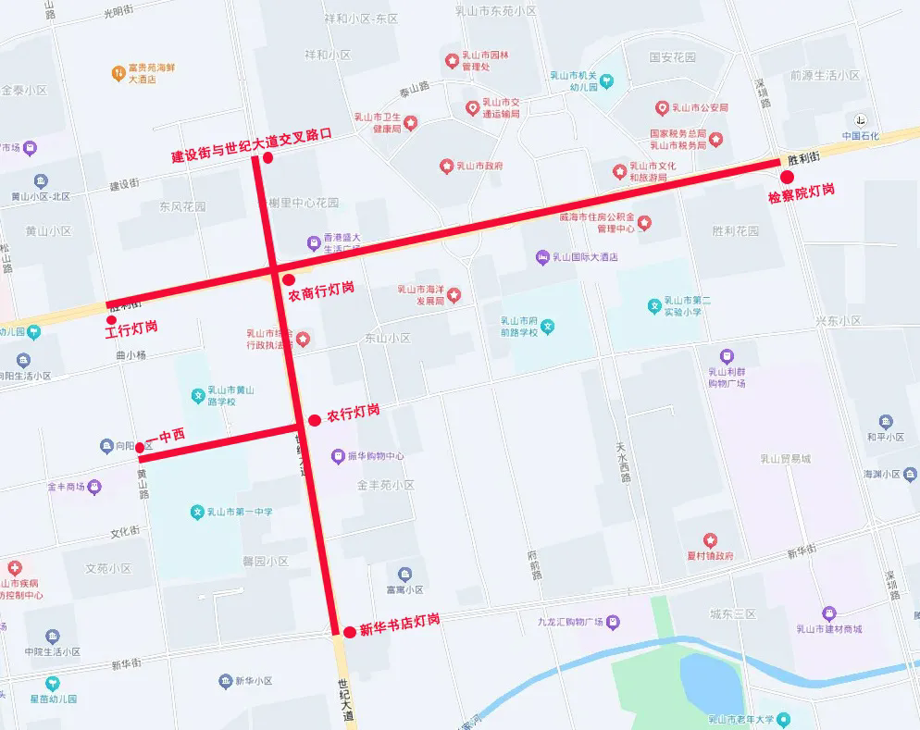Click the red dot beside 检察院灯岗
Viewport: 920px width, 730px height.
[788, 178]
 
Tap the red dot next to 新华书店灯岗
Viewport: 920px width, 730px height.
[349, 632]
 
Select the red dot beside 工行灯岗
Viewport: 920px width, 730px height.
[112, 320]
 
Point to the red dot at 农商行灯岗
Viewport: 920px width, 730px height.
[289, 279]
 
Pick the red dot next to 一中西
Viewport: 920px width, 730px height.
[140, 447]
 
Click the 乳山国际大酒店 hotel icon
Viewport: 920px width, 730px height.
[542, 257]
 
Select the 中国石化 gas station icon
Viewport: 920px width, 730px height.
[860, 120]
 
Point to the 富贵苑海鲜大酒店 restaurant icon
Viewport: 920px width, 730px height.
[118, 72]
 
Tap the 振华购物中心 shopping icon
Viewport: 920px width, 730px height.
[338, 456]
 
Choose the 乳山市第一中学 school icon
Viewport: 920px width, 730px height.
[196, 512]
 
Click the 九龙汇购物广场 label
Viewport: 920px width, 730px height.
[570, 622]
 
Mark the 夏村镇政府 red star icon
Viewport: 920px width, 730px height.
[710, 540]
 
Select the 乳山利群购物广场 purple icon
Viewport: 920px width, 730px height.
[727, 355]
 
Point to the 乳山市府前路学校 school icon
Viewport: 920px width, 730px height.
[548, 326]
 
